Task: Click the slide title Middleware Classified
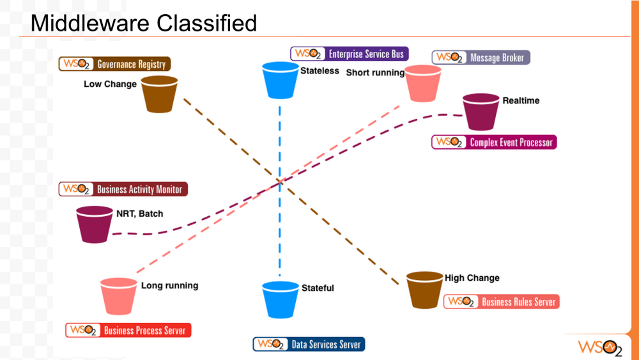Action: click(x=144, y=23)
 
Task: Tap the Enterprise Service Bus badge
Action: click(x=349, y=54)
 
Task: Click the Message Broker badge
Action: click(x=481, y=58)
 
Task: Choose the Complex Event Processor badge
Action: click(x=494, y=142)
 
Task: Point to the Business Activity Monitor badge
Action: click(x=124, y=189)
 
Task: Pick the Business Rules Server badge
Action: click(x=502, y=302)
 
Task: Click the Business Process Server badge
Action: click(x=128, y=331)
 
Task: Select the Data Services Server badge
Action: click(x=309, y=345)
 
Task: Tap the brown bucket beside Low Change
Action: click(x=159, y=94)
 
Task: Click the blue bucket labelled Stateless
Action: click(x=281, y=81)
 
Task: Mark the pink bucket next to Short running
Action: click(x=424, y=84)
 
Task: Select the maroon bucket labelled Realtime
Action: click(x=481, y=113)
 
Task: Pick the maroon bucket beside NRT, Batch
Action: click(x=95, y=224)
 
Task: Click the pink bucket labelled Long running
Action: click(x=119, y=296)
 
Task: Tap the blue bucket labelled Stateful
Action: click(x=281, y=300)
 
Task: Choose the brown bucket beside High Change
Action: click(x=425, y=290)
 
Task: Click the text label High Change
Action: click(x=472, y=278)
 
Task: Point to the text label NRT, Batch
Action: click(x=139, y=214)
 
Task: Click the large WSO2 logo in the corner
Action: click(x=599, y=347)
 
